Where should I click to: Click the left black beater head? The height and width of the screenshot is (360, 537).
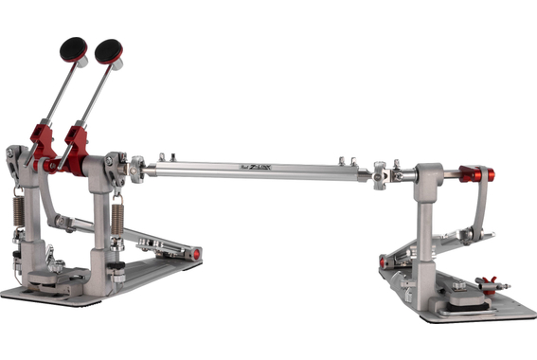tap(74, 48)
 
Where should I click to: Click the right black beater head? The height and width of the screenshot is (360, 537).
tap(108, 50)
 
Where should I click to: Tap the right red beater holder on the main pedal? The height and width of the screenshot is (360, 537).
tap(75, 142)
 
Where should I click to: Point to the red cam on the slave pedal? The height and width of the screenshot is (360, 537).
tap(472, 174)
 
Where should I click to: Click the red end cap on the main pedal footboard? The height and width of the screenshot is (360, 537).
tap(195, 254)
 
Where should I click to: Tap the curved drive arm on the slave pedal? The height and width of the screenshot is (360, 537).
tap(482, 204)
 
